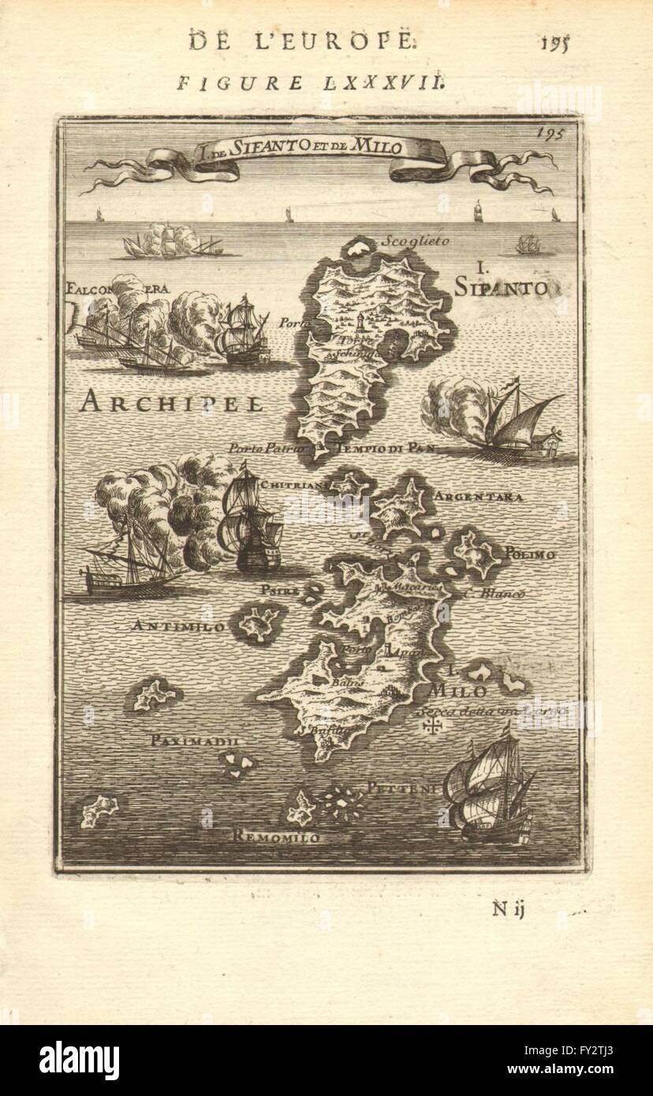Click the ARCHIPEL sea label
[171, 403]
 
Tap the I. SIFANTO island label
[500, 281]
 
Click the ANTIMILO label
[170, 627]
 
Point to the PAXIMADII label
[192, 741]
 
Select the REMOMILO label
[277, 837]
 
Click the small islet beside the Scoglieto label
[360, 249]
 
